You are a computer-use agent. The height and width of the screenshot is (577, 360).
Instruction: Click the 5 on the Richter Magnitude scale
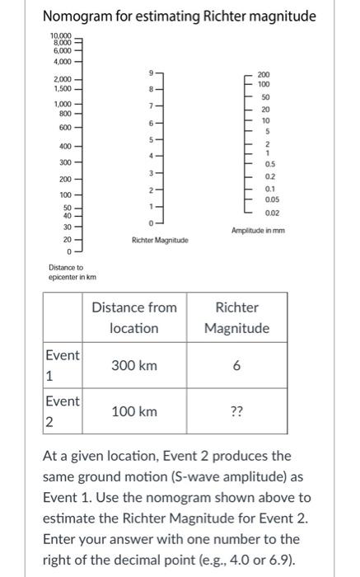point(149,138)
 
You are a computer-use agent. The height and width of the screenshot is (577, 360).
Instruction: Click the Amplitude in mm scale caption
point(257,231)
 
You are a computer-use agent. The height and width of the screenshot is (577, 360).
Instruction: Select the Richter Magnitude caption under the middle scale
point(159,240)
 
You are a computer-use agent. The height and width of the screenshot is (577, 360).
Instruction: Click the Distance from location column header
point(133,317)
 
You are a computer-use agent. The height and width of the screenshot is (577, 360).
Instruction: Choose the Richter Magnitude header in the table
point(236,317)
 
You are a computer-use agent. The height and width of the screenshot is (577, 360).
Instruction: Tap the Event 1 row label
point(63,365)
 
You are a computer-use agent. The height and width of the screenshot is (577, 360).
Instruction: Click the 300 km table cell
point(133,365)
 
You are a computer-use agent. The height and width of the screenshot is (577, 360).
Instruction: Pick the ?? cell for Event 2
point(236,411)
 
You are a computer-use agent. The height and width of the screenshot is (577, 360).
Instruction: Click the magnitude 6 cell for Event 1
point(236,365)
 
